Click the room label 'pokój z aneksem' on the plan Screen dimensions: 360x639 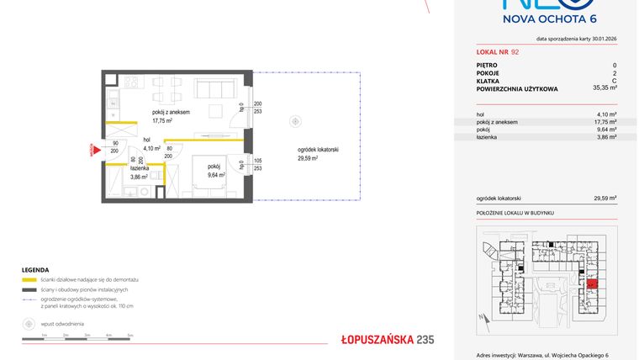click(171, 112)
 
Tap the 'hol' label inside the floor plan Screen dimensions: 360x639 click(146, 140)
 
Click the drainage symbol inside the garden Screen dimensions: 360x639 click(295, 122)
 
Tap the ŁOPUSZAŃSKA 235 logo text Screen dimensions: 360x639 click(387, 340)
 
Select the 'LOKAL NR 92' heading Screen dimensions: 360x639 click(499, 52)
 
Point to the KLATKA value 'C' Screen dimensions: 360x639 click(615, 80)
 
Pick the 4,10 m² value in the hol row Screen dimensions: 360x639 click(606, 114)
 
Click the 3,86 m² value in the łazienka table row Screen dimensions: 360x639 click(606, 136)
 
